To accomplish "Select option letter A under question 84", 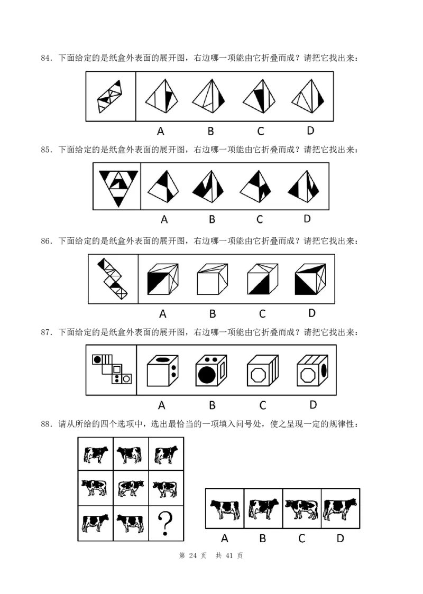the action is (x=161, y=131).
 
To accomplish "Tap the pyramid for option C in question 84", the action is (x=259, y=96).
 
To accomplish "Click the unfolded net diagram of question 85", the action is (x=118, y=188).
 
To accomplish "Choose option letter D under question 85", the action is (x=307, y=219).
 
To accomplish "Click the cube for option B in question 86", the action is (x=212, y=279).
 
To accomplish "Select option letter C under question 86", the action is (x=262, y=314).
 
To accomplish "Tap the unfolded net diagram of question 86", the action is (x=112, y=279).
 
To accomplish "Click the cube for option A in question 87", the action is (x=163, y=370).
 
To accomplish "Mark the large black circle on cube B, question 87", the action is (x=207, y=375).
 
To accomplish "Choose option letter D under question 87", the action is (x=312, y=405).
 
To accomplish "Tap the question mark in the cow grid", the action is (x=165, y=523).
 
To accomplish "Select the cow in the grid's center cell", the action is (x=131, y=488).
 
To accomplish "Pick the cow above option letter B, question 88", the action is (x=263, y=508).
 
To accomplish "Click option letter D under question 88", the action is (x=340, y=539).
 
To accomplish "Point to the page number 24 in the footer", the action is (x=193, y=555).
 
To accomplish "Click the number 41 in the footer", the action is (x=229, y=555).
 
